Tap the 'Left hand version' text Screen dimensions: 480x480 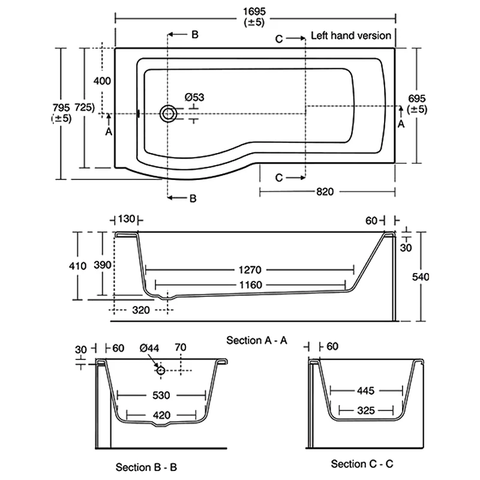click(351, 35)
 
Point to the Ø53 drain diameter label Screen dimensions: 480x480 click(194, 97)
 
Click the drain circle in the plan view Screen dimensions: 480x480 click(169, 113)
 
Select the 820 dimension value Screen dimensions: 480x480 click(324, 191)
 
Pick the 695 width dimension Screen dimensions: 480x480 click(417, 98)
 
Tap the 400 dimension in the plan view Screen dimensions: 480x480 click(103, 80)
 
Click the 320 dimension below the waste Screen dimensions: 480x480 click(141, 310)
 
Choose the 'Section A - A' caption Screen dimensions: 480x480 click(257, 340)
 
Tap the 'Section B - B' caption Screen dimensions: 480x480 click(147, 466)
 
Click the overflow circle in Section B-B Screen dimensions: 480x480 click(161, 370)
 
